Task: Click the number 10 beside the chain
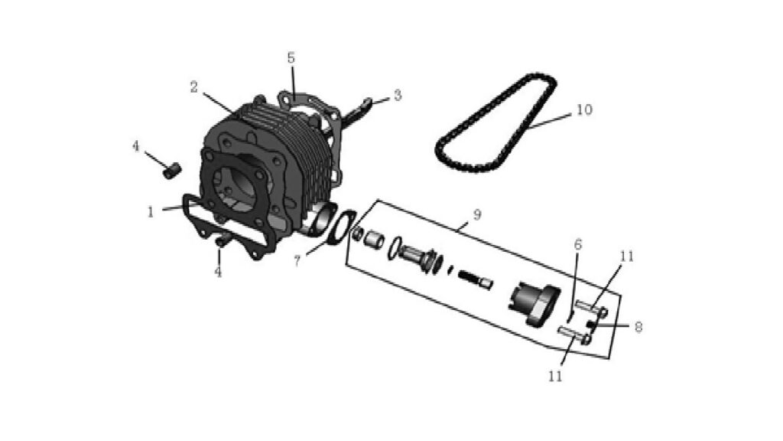[x=584, y=109]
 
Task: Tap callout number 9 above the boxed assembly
[x=477, y=215]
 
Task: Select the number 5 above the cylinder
[x=291, y=58]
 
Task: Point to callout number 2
[x=194, y=87]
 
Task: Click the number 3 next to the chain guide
[x=398, y=95]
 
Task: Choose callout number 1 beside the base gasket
[x=151, y=212]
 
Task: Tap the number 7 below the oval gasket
[x=297, y=260]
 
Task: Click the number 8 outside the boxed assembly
[x=638, y=327]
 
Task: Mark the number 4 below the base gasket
[x=218, y=272]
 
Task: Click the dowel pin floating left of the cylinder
[x=172, y=171]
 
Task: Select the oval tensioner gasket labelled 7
[x=342, y=228]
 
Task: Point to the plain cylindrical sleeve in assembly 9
[x=374, y=238]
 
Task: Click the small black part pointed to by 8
[x=591, y=326]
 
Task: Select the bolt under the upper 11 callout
[x=591, y=308]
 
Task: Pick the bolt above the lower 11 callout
[x=575, y=335]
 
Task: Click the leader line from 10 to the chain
[x=549, y=120]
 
